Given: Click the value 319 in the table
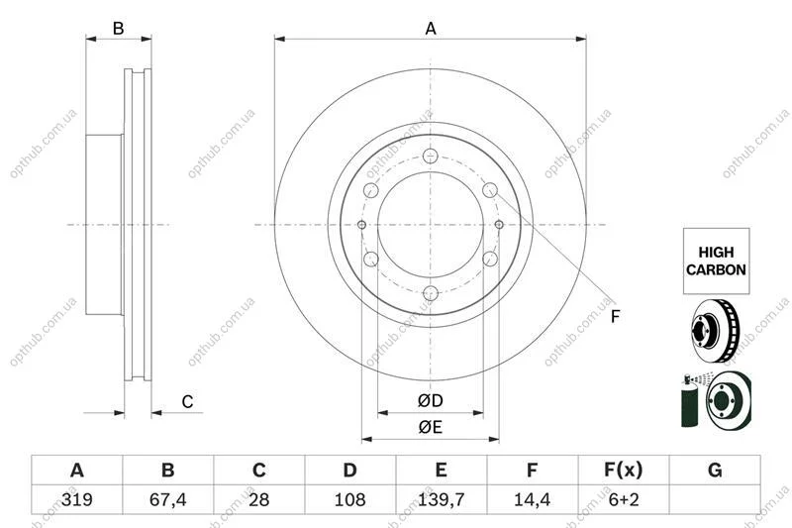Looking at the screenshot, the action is pyautogui.click(x=77, y=499).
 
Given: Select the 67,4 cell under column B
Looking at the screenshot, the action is pyautogui.click(x=167, y=499).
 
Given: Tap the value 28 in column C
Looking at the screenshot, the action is pyautogui.click(x=259, y=499).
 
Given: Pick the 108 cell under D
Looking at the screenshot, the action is pyautogui.click(x=350, y=499).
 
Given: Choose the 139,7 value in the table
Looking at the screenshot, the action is pyautogui.click(x=441, y=499).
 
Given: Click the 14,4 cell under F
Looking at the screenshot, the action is pyautogui.click(x=532, y=499).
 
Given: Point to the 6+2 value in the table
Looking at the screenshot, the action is pyautogui.click(x=624, y=499).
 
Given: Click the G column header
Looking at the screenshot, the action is pyautogui.click(x=715, y=471).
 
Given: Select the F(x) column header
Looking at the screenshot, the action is pyautogui.click(x=624, y=471).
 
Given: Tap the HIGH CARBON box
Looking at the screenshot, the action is pyautogui.click(x=716, y=261).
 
